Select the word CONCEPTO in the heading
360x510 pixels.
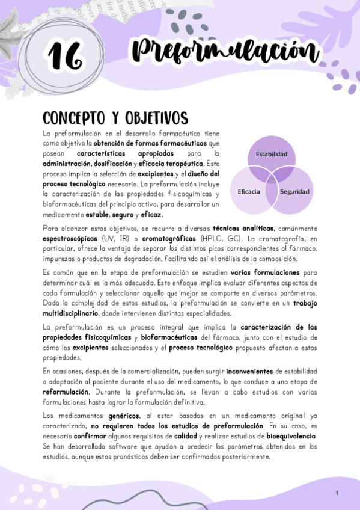pos(72,117)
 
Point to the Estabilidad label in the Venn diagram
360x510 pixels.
pos(272,154)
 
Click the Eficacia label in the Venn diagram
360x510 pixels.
pos(249,191)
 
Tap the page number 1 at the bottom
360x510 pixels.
pos(337,493)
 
